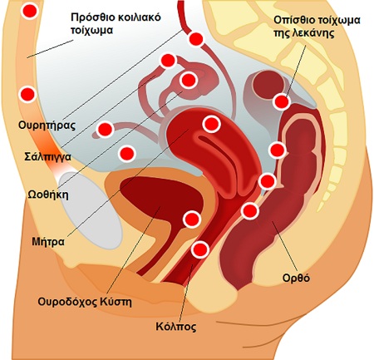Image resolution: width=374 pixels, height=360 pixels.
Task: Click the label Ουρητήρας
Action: (x=47, y=126)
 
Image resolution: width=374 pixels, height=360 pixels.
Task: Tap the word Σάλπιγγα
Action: (x=47, y=157)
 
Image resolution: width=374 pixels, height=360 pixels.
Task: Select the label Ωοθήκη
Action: (x=48, y=195)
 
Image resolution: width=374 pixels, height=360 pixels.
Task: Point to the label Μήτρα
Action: (x=48, y=242)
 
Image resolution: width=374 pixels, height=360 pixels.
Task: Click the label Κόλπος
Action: (x=176, y=327)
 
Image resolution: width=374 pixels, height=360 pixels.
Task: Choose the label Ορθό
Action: (x=296, y=278)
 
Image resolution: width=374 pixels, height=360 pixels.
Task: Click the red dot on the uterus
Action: (x=211, y=124)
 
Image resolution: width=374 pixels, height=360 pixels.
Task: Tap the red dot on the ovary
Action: (x=188, y=81)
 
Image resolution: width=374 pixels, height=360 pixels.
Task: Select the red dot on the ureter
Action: (x=196, y=39)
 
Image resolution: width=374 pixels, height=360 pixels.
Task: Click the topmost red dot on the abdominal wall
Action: (x=29, y=12)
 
